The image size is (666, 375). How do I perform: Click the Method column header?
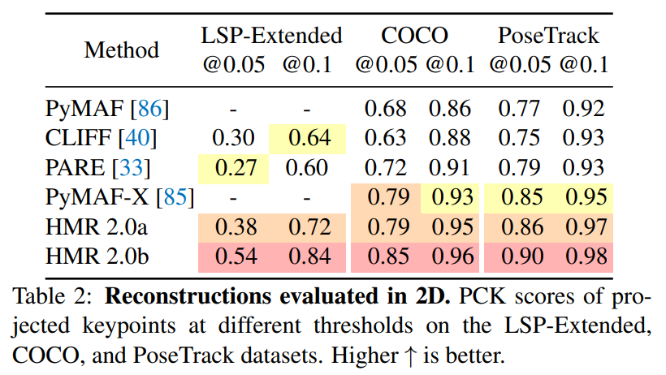[x=121, y=50]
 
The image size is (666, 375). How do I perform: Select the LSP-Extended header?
[x=272, y=35]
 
